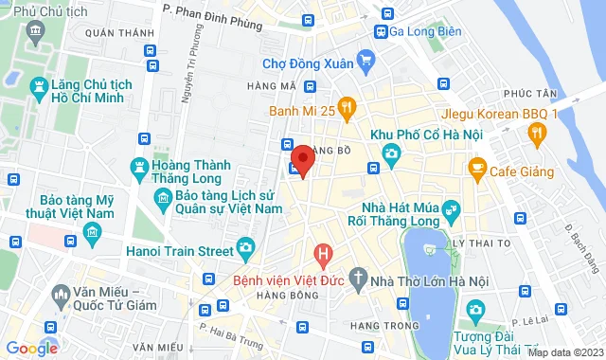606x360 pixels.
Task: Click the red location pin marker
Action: pyautogui.click(x=302, y=159)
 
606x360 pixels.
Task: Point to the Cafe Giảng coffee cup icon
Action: pyautogui.click(x=476, y=169)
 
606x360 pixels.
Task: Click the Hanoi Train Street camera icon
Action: pyautogui.click(x=245, y=249)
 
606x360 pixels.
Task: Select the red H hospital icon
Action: pyautogui.click(x=323, y=254)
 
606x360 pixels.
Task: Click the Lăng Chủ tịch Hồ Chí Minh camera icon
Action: pyautogui.click(x=38, y=88)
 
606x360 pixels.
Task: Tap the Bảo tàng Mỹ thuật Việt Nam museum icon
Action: pyautogui.click(x=91, y=232)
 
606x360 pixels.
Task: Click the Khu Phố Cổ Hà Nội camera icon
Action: pyautogui.click(x=389, y=153)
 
